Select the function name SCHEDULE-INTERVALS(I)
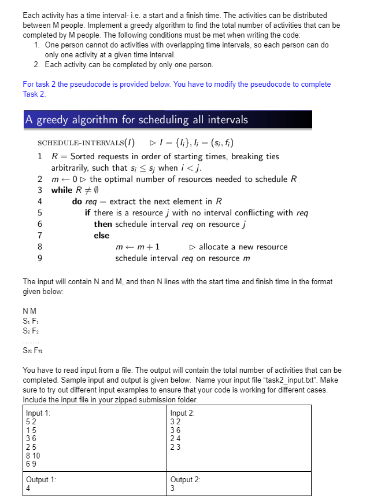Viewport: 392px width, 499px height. [x=86, y=143]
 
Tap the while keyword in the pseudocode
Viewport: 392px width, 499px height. [x=62, y=190]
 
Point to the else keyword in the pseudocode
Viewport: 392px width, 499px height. [x=101, y=235]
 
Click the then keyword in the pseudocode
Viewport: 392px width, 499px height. [x=103, y=224]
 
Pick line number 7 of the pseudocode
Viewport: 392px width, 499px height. [x=39, y=235]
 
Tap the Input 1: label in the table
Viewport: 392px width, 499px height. [x=38, y=413]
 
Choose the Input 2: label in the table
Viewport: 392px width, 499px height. [x=183, y=413]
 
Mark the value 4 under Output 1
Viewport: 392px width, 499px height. [x=28, y=488]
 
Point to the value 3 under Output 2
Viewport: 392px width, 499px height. [x=173, y=488]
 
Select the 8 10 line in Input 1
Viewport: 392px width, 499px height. [x=33, y=455]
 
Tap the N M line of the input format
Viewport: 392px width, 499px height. [x=28, y=311]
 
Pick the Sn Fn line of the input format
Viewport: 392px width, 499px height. [x=33, y=350]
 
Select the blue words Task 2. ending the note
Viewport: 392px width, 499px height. [x=34, y=94]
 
